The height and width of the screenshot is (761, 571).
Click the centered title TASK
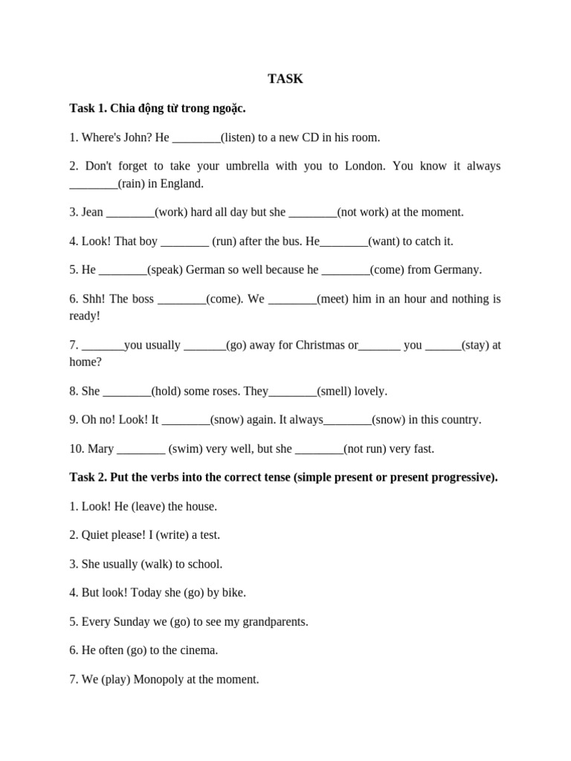coord(285,79)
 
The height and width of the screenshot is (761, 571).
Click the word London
coord(365,166)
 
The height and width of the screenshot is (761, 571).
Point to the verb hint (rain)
coord(136,183)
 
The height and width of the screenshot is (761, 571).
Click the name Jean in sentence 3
coord(92,212)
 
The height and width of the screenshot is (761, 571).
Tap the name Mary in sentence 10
coord(101,449)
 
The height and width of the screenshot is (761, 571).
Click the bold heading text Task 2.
coord(89,477)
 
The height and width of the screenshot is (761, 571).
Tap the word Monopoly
coord(161,679)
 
